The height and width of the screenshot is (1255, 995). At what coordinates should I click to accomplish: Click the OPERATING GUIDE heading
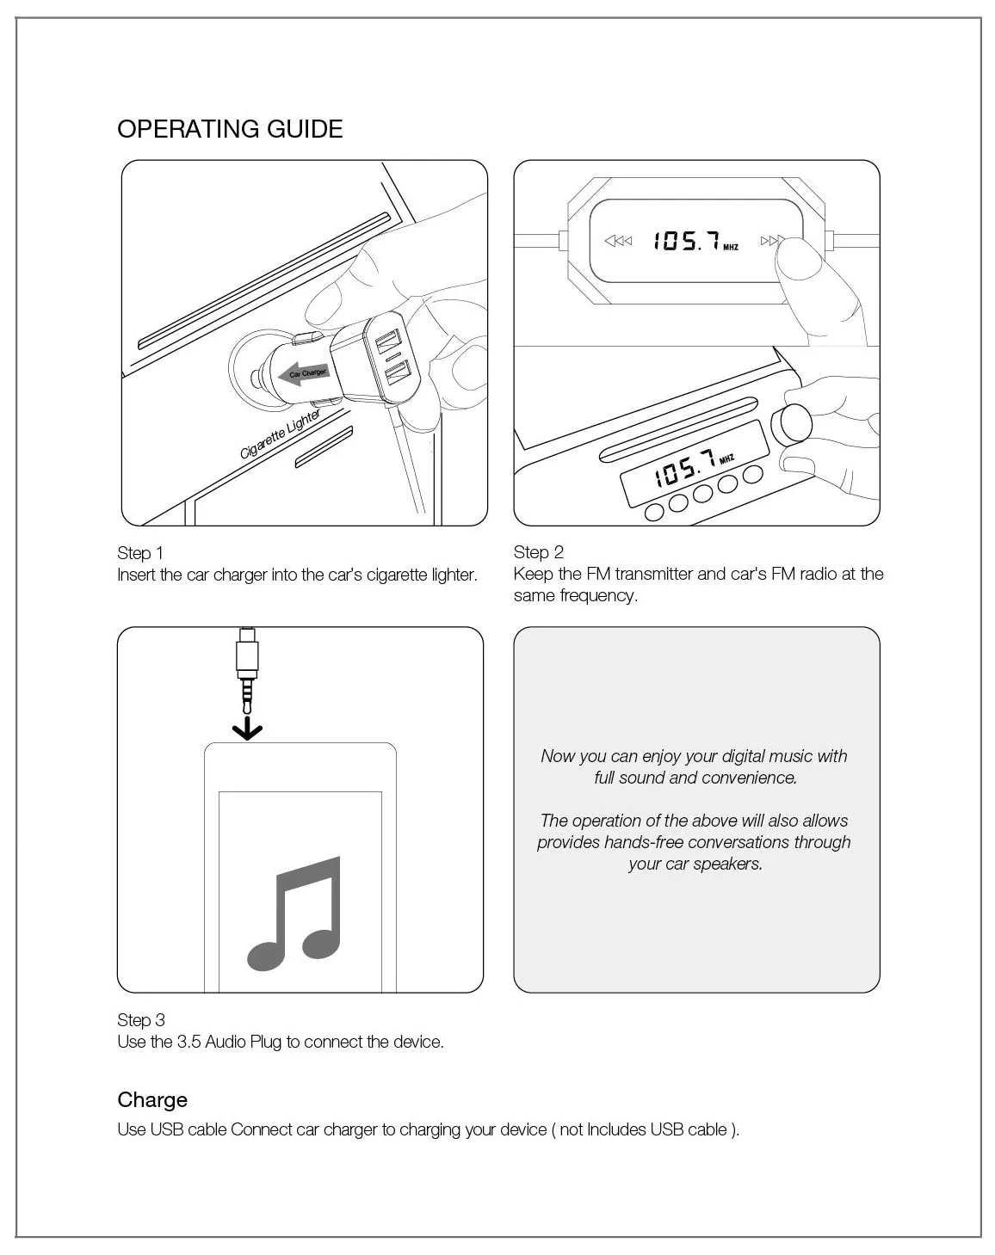230,129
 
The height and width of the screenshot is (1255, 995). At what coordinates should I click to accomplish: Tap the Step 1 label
140,553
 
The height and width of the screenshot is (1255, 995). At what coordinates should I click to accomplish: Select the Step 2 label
539,552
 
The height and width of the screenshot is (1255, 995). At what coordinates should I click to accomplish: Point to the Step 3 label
141,1020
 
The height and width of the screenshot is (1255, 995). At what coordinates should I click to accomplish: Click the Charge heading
152,1100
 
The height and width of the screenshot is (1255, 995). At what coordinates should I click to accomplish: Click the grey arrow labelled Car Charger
303,373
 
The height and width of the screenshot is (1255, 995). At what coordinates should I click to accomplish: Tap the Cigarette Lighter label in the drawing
280,434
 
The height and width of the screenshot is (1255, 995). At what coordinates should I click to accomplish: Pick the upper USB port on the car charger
389,341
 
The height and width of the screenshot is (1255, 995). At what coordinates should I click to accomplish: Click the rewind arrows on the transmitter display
618,241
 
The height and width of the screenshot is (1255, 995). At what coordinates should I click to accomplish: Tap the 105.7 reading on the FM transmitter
686,241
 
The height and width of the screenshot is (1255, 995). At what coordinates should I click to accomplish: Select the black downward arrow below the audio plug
247,729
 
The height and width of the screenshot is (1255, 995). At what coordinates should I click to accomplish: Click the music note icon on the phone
294,914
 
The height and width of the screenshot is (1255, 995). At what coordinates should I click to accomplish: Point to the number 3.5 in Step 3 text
188,1042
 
